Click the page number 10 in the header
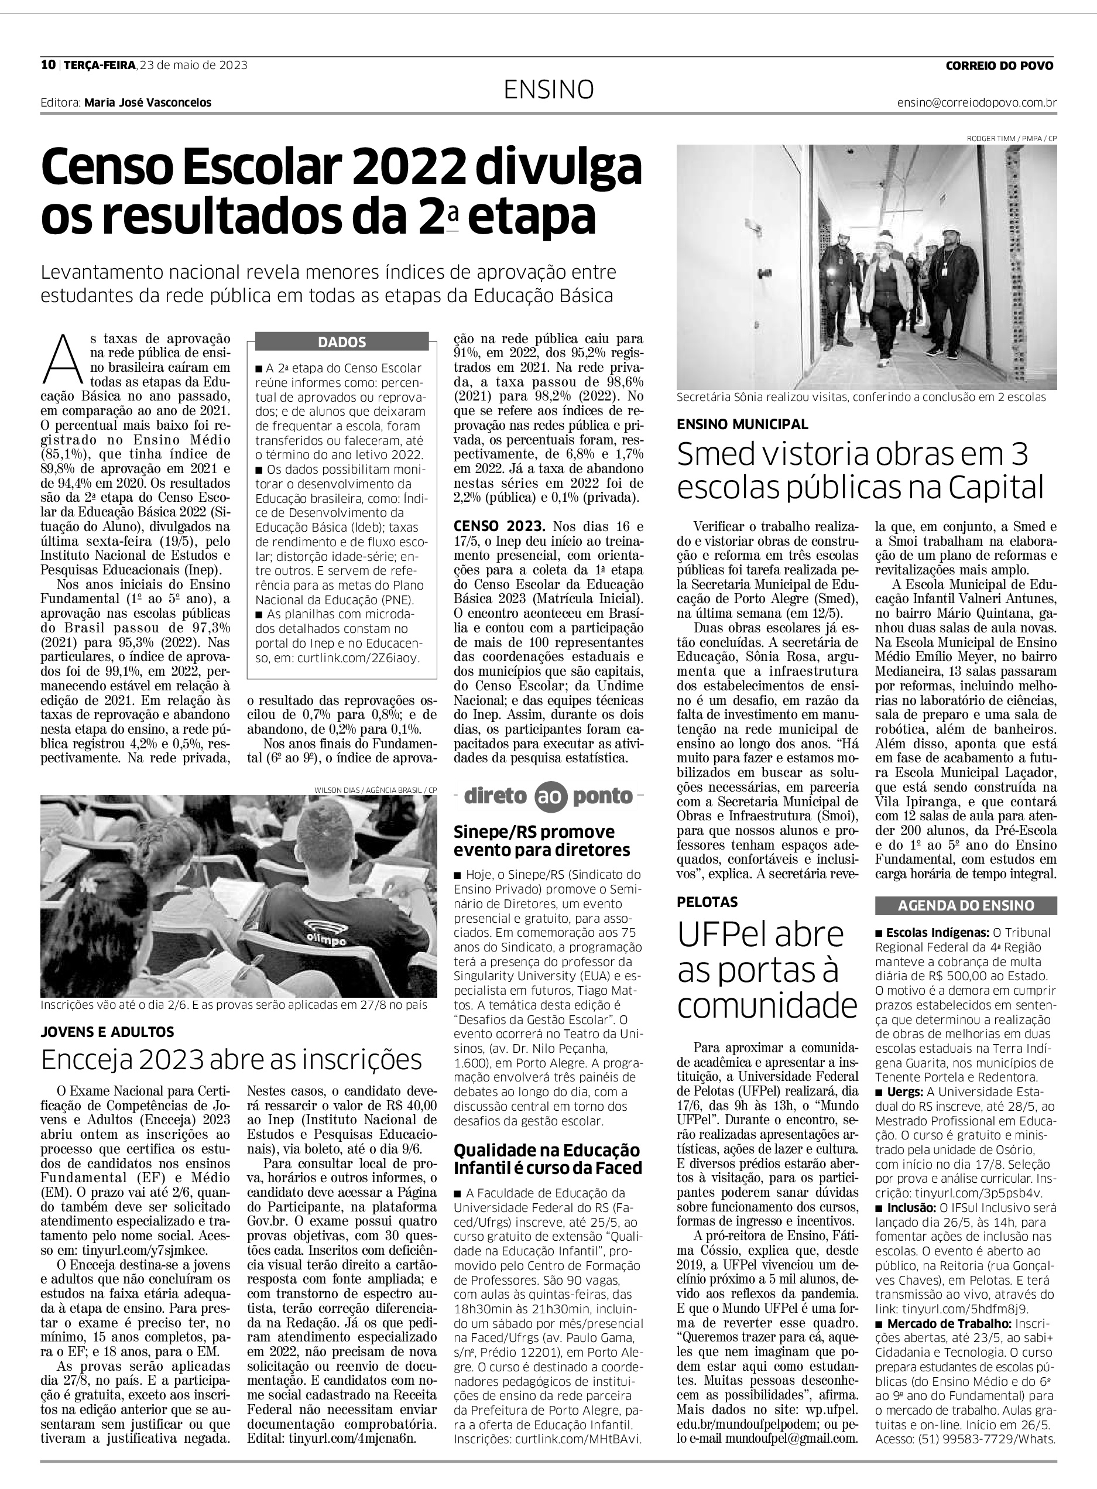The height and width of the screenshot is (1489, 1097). point(47,65)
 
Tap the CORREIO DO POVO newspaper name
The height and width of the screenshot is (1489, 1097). point(999,66)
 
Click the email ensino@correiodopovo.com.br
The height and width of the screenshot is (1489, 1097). point(977,103)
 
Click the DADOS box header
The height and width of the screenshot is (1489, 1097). point(341,343)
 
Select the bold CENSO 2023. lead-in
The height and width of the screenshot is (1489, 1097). point(499,526)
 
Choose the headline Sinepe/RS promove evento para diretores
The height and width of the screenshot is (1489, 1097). point(542,841)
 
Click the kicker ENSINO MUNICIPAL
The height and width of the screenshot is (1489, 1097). point(742,424)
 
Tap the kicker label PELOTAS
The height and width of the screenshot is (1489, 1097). point(707,902)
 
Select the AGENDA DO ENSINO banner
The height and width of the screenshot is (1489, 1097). point(965,905)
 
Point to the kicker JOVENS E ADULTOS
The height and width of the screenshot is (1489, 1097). point(107,1031)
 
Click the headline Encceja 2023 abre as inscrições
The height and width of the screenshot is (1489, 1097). point(232,1060)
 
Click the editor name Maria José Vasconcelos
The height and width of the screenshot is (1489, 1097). point(148,103)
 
